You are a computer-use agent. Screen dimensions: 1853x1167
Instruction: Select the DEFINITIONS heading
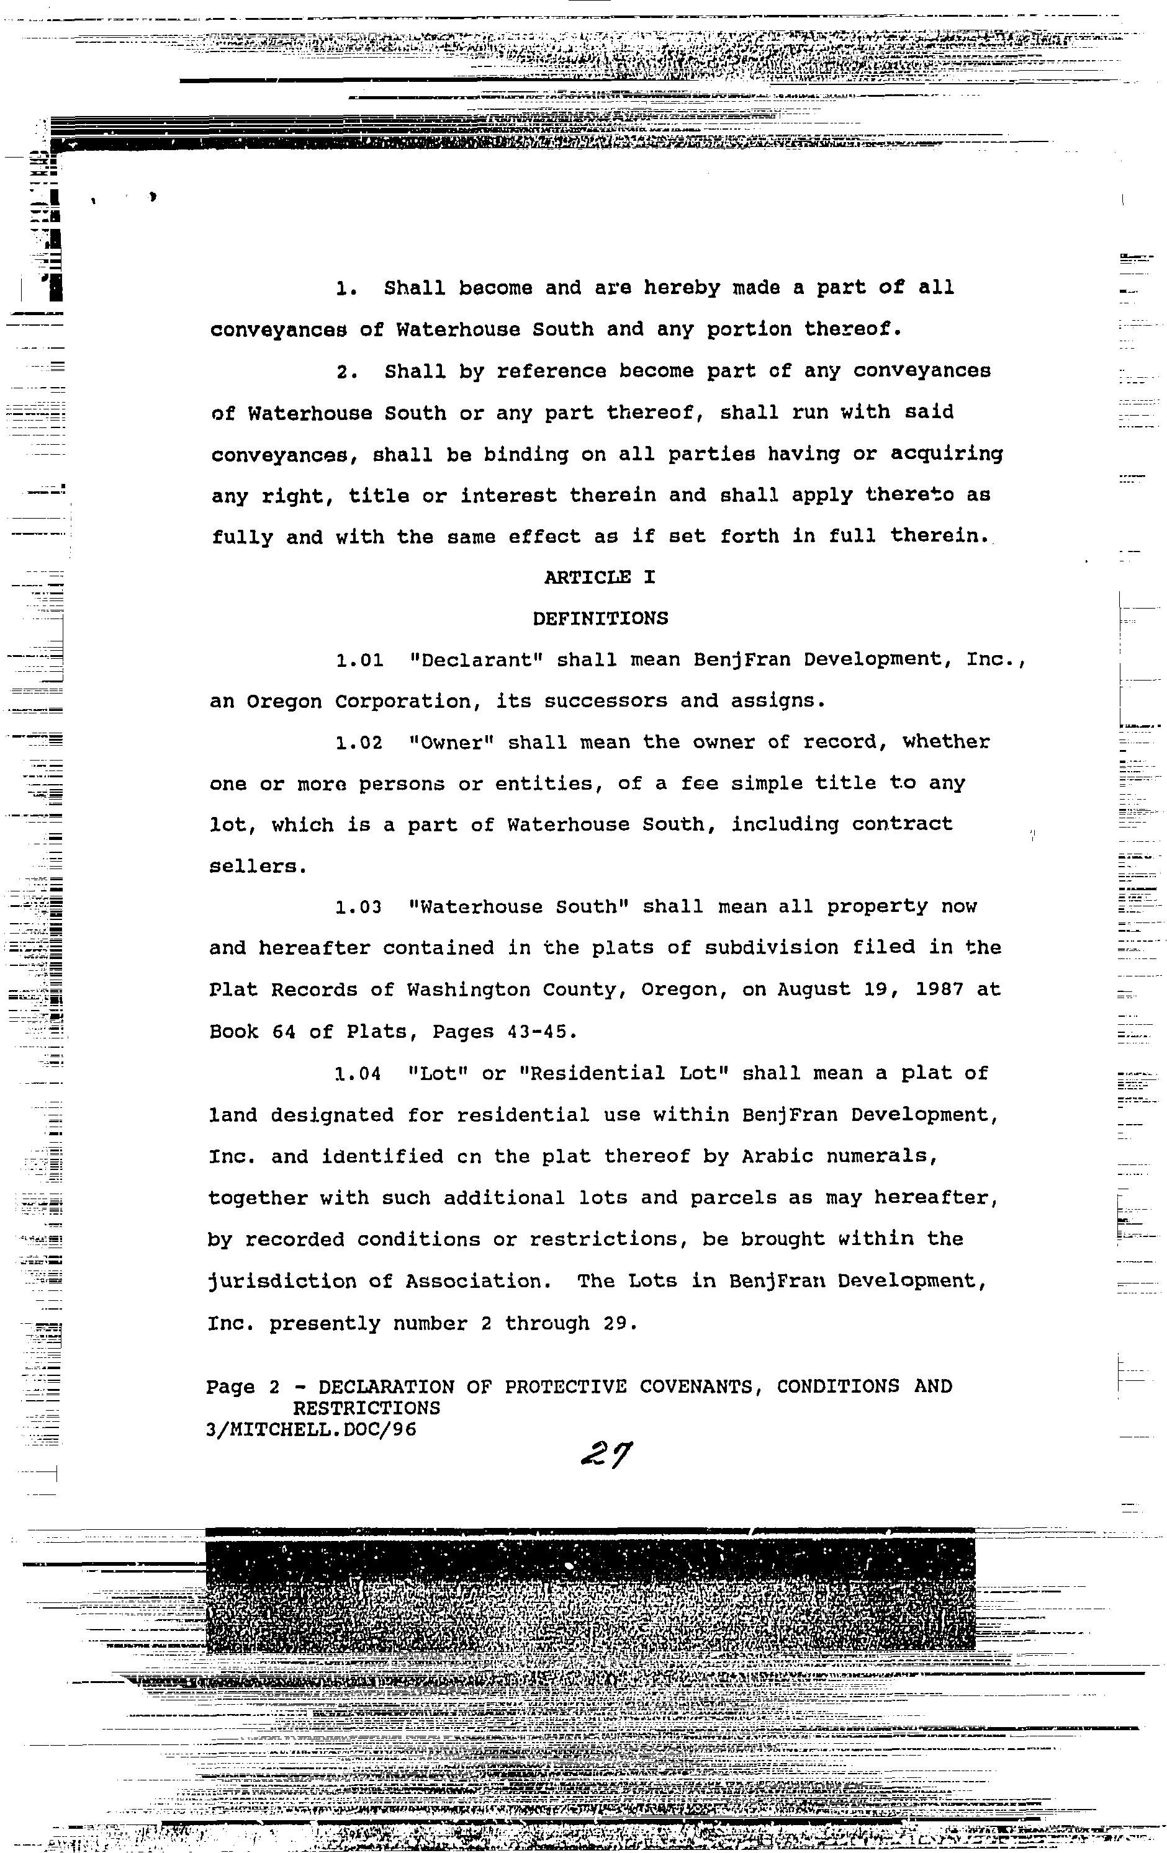pyautogui.click(x=600, y=618)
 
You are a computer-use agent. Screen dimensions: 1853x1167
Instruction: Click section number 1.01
pyautogui.click(x=359, y=660)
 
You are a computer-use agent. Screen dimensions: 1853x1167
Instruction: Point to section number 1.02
pyautogui.click(x=359, y=743)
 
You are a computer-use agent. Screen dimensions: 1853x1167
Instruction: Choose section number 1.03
pyautogui.click(x=359, y=907)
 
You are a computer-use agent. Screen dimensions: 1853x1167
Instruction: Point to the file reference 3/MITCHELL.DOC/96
pyautogui.click(x=311, y=1430)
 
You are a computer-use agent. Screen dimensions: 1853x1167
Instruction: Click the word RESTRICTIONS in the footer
pyautogui.click(x=366, y=1408)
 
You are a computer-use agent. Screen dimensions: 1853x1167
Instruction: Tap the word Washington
pyautogui.click(x=468, y=990)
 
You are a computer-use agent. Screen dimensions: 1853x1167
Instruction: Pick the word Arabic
pyautogui.click(x=778, y=1156)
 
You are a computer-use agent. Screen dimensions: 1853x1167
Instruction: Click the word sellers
pyautogui.click(x=257, y=867)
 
